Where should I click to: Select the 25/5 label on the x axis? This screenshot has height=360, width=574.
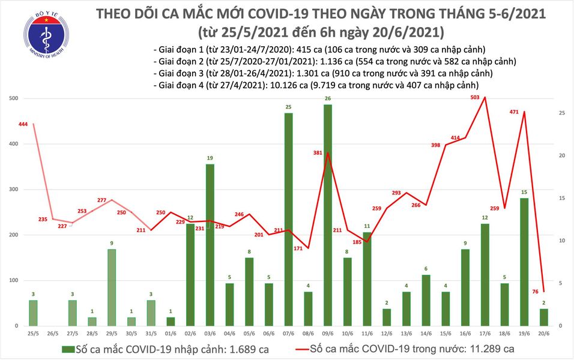(x=34, y=333)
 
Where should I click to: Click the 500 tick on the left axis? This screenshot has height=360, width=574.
(x=12, y=98)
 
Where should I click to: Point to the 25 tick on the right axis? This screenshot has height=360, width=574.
(x=561, y=113)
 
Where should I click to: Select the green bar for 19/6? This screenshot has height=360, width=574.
(x=524, y=262)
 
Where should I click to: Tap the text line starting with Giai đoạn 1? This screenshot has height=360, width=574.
(x=319, y=49)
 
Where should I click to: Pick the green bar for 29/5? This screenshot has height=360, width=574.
(x=112, y=287)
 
